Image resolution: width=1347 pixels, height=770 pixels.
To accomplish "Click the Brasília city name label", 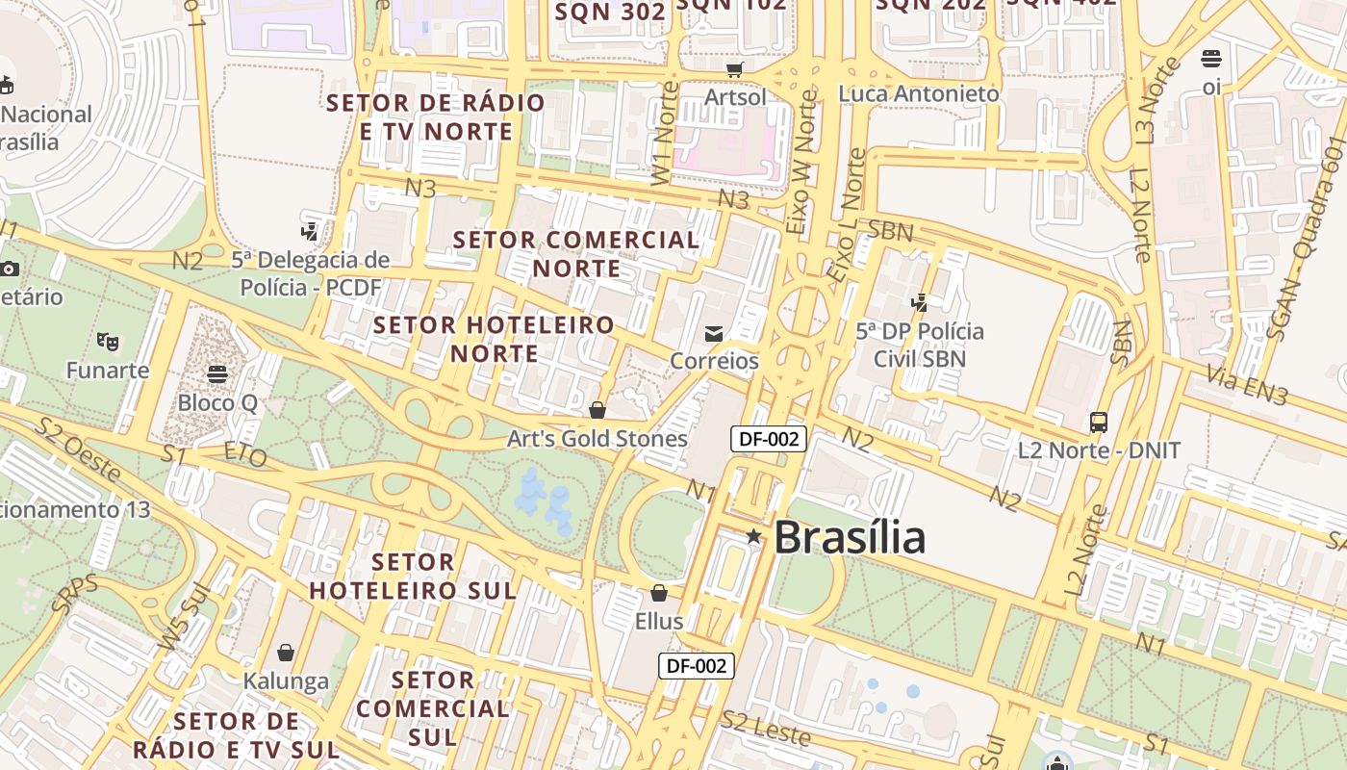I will coord(850,537).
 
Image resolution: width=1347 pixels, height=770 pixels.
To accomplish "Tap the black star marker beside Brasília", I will coord(753,536).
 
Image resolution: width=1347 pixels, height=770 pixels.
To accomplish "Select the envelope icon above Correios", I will coord(714,334).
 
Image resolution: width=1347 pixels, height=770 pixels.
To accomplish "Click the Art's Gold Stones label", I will coord(597,439).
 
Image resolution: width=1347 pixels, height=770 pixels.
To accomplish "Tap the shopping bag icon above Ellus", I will coord(659,593).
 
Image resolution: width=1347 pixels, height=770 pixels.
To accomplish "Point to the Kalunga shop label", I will coord(286,681).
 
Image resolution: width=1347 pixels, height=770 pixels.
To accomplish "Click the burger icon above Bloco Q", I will coord(217,373).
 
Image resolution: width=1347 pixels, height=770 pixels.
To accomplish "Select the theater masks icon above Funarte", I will coord(108,341).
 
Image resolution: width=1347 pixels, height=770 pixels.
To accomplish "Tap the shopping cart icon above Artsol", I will coord(735,69).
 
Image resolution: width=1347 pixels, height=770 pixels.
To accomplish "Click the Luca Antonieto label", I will coord(919,94).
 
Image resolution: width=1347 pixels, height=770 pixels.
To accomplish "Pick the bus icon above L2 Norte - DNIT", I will coord(1099,422).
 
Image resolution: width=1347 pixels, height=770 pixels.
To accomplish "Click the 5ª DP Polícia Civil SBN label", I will coord(920,346).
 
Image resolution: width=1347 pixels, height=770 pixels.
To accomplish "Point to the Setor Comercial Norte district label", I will coord(576,253).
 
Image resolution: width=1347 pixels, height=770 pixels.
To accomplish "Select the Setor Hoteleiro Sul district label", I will coord(413,576).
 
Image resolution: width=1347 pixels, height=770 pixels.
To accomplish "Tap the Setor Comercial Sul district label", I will coord(432,708).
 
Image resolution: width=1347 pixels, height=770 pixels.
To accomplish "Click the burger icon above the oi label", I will coord(1211,59).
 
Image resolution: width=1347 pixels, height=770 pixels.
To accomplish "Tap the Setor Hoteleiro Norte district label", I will coord(495,339).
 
